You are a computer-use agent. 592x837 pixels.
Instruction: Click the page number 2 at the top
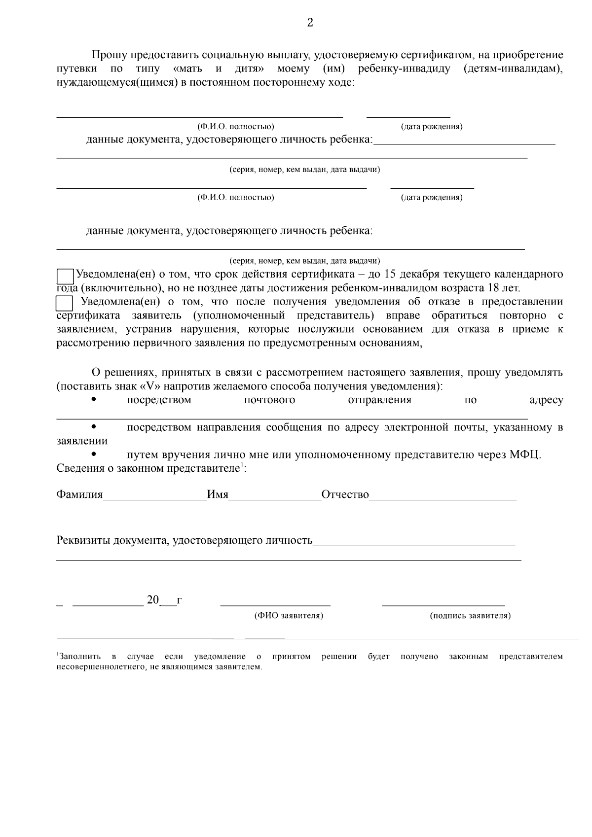point(310,23)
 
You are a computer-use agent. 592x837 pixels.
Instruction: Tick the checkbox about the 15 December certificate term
point(65,276)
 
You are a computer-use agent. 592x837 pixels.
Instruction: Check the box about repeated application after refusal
point(65,303)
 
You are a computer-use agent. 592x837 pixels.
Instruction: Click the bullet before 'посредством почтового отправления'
point(94,400)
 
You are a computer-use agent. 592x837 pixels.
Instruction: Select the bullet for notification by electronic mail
point(94,427)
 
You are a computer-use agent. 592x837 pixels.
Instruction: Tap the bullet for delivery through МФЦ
point(94,454)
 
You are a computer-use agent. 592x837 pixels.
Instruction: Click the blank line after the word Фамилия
point(154,496)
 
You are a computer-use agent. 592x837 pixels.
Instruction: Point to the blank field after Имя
point(274,496)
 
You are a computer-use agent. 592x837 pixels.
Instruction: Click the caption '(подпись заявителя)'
point(470,616)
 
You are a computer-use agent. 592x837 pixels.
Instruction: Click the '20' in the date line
point(153,600)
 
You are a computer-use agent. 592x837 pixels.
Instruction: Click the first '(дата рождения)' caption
point(432,127)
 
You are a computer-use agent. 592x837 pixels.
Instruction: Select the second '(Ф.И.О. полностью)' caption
point(236,198)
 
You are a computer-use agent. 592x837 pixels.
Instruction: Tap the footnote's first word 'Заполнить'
point(79,657)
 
